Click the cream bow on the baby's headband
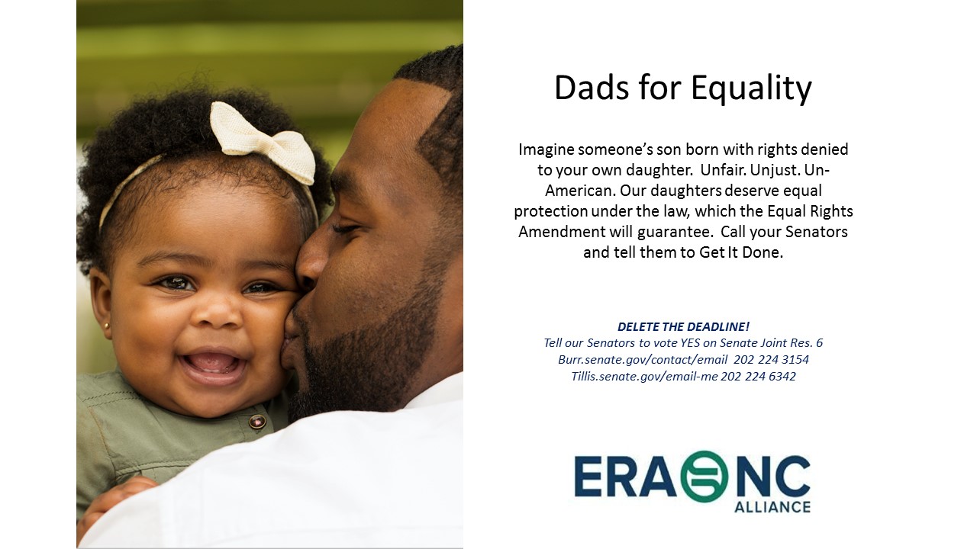tap(264, 142)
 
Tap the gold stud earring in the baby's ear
tap(107, 326)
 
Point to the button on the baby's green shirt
tap(257, 422)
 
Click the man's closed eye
tap(346, 228)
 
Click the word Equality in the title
tap(751, 90)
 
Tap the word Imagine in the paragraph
tap(546, 150)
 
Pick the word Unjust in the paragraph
tap(774, 170)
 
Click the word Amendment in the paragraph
tap(562, 231)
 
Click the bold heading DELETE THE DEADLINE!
tap(683, 326)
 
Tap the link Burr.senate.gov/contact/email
tap(643, 360)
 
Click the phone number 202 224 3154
tap(771, 359)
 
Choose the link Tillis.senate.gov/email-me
tap(644, 377)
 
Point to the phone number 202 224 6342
tap(758, 377)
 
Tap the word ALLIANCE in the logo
tap(772, 507)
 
